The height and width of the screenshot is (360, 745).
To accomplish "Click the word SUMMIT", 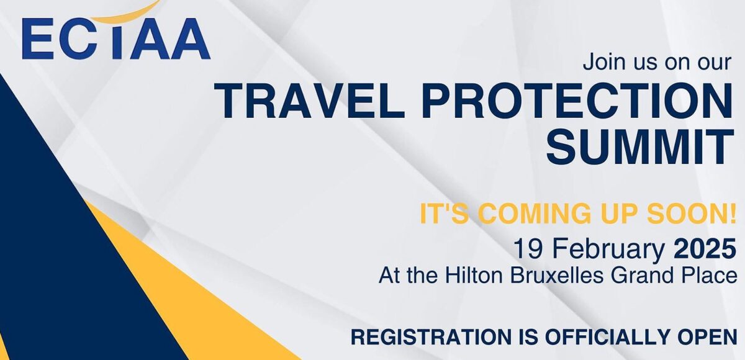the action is point(640,146).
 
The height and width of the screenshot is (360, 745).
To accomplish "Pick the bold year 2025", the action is point(705,249).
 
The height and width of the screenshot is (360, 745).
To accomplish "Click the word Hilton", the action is point(474,276).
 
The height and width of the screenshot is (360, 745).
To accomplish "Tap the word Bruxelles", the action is point(557,276).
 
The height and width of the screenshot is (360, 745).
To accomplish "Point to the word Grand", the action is point(641,276).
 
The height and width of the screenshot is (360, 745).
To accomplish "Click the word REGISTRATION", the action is point(431,337).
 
